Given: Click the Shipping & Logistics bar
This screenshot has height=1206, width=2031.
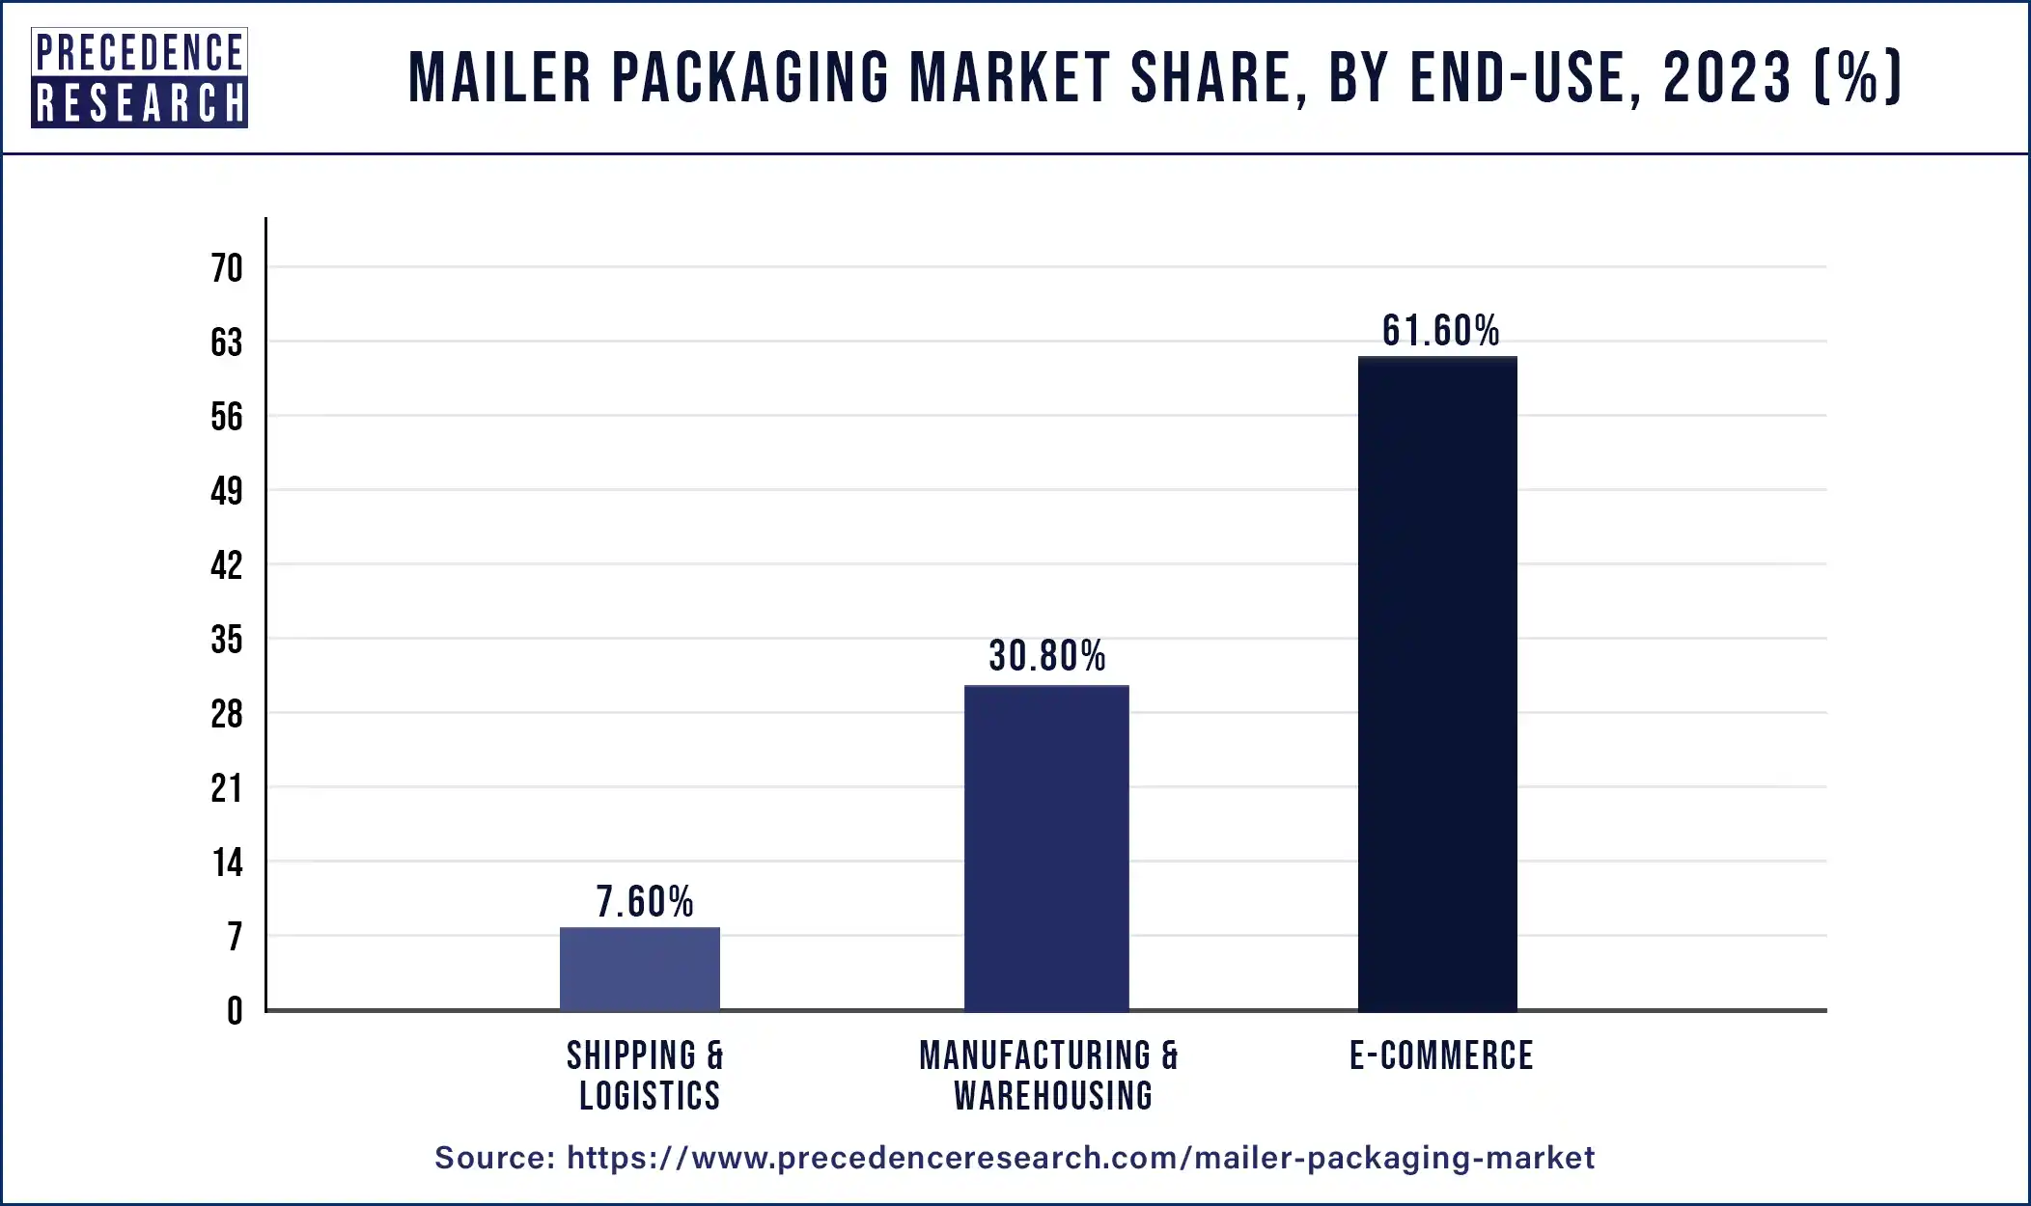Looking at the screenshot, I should pos(640,969).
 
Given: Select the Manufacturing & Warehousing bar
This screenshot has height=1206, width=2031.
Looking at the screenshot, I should pos(1046,848).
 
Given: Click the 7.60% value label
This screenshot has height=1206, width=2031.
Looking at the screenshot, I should pos(645,902).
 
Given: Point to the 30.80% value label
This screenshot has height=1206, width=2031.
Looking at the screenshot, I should pos(1047,656).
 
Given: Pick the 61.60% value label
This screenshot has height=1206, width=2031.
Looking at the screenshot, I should pos(1440,331).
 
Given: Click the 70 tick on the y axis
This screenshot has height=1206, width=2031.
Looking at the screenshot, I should pos(227,268).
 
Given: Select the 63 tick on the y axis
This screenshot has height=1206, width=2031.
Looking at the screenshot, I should pos(227,343).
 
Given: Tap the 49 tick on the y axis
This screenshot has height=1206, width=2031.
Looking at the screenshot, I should pos(227,491).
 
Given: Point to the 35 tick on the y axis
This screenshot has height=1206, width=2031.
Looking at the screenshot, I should pos(227,640).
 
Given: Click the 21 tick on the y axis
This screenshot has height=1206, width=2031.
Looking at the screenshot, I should pos(227,788).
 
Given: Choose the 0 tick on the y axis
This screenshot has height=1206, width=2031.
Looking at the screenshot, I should pos(235,1011).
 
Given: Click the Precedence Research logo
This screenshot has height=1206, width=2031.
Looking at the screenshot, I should pos(139,78).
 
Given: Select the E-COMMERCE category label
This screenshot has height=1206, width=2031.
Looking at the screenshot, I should pos(1441,1055).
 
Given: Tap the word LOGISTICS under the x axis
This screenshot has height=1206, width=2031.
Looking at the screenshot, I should pos(650,1096).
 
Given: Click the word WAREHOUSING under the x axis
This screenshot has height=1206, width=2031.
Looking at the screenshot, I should pos(1053,1096).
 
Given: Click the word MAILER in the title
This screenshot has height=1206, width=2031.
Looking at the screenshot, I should pos(500,78).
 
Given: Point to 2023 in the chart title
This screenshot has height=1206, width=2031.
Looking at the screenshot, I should pos(1727,78).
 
